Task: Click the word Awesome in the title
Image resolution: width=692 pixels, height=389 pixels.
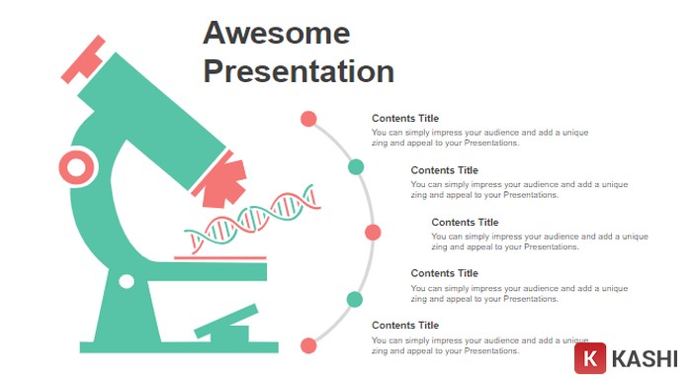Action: point(277,33)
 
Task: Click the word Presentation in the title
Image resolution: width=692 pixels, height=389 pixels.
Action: point(299,71)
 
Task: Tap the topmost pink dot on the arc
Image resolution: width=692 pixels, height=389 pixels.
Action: point(308,119)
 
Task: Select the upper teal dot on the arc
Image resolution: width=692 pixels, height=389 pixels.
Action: point(356,166)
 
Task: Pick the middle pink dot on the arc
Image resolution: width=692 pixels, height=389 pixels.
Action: point(373,233)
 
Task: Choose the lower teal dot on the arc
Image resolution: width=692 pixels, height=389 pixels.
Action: point(355,299)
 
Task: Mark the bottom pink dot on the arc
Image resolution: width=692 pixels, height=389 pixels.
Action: point(308,345)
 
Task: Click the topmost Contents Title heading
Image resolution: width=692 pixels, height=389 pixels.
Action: point(405,119)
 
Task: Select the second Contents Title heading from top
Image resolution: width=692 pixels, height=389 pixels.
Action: point(444,170)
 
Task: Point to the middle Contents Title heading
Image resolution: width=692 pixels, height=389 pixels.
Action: point(465,222)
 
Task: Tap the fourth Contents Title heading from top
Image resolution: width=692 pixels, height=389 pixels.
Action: point(444,273)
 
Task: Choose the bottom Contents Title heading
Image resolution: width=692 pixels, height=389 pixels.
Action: point(405,325)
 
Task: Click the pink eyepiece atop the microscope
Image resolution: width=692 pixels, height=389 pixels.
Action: point(83,59)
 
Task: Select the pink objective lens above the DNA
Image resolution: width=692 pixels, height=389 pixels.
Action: point(224,181)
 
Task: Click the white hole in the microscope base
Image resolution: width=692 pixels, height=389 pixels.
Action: point(127,281)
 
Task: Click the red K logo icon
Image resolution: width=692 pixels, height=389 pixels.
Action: point(590,358)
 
